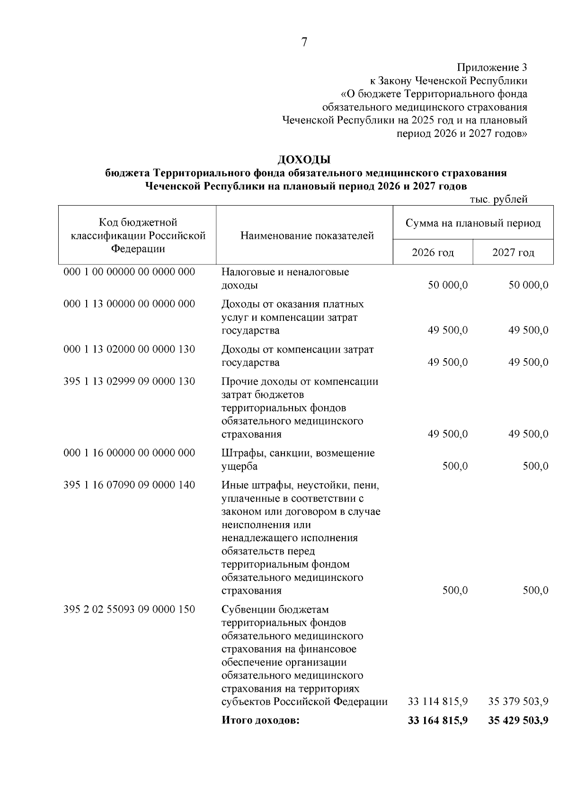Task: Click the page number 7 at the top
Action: point(304,43)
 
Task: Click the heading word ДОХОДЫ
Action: point(304,159)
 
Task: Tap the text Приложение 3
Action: point(492,67)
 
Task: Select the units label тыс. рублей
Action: point(498,200)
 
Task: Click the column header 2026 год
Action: point(433,253)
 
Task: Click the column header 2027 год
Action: point(513,253)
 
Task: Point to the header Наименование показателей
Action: point(307,235)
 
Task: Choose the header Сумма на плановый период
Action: point(473,223)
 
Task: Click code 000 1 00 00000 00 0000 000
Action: point(129,272)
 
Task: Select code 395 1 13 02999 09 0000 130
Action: point(129,381)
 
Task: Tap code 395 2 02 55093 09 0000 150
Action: point(129,609)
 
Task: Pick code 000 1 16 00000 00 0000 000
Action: point(129,453)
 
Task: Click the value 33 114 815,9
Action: point(438,702)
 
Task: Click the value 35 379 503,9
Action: point(518,702)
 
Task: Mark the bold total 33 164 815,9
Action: point(438,721)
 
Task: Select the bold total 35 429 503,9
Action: point(518,721)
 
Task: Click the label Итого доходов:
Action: point(261,721)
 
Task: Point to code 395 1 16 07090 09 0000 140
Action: point(129,485)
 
